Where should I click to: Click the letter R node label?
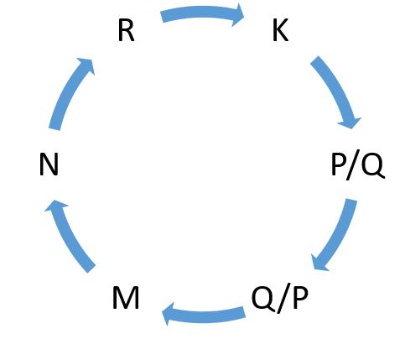[127, 31]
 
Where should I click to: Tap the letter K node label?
[280, 31]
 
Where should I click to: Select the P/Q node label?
[358, 166]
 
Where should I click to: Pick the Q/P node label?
[280, 299]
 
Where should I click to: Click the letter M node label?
[126, 299]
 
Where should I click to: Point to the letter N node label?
[49, 164]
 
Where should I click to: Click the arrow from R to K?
[202, 12]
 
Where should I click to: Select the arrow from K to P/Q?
[335, 89]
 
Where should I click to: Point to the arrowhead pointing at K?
[237, 14]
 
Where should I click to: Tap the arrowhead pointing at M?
[169, 314]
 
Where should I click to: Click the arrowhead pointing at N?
[55, 206]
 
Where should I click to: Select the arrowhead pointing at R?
[87, 65]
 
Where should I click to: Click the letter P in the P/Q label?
[338, 164]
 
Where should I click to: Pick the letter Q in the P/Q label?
[373, 166]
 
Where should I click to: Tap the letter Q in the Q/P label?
[263, 299]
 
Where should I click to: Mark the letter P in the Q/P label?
[300, 298]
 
